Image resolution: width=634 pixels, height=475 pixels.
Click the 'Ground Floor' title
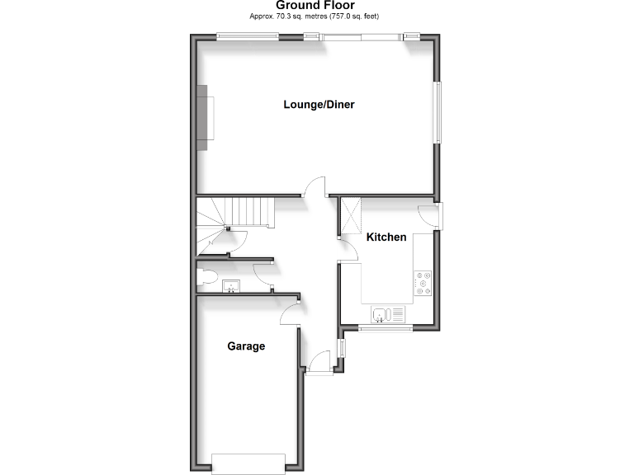(x=315, y=6)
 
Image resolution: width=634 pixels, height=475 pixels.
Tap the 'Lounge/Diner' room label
(x=319, y=105)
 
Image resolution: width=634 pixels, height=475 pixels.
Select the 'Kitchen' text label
(x=386, y=237)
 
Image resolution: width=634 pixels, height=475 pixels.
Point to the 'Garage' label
(x=246, y=346)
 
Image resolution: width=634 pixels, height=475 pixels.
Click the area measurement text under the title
(x=315, y=16)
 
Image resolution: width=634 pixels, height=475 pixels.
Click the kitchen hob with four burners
(x=424, y=283)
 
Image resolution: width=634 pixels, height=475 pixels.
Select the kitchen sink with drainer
(x=388, y=314)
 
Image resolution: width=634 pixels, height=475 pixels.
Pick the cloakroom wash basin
(x=230, y=286)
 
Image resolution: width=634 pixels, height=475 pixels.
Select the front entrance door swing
(x=319, y=361)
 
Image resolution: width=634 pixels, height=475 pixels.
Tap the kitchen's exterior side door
(x=430, y=217)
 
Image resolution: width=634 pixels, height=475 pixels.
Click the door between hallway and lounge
(x=315, y=189)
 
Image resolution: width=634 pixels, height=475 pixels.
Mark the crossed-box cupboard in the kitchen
(x=352, y=216)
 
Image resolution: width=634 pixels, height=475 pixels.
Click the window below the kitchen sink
(x=385, y=328)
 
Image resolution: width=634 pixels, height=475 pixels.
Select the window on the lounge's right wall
(x=438, y=111)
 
